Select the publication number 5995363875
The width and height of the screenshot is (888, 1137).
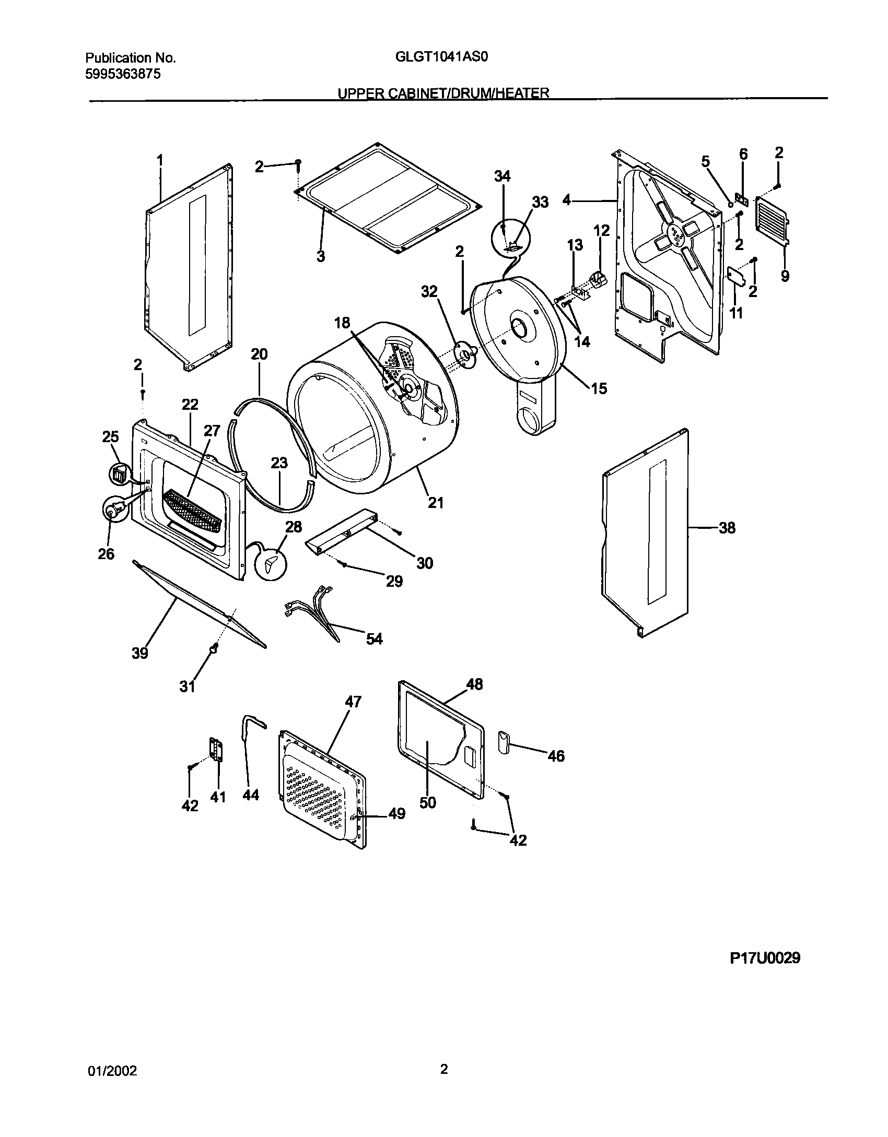point(122,74)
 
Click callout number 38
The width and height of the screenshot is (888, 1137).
point(727,528)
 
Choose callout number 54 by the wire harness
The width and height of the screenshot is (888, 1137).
point(374,638)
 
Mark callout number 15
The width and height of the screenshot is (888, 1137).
point(599,388)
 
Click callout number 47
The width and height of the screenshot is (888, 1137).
point(353,702)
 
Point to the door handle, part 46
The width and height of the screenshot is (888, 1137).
point(503,742)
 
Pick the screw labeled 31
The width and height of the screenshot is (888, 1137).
point(214,648)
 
